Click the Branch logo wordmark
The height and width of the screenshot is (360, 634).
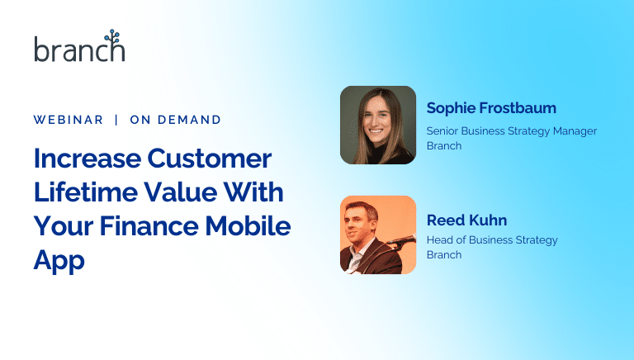tap(79, 50)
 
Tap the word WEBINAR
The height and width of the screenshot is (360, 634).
tap(69, 120)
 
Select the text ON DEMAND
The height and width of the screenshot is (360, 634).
tap(176, 120)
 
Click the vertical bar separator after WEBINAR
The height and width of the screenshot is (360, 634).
tap(116, 120)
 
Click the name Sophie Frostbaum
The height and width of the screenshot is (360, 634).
tap(480, 108)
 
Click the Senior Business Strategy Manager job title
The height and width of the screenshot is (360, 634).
tap(511, 130)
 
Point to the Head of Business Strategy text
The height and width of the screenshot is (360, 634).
tap(492, 240)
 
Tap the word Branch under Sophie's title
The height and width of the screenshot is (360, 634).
tap(443, 145)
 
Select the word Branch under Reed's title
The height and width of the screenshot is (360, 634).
tap(443, 254)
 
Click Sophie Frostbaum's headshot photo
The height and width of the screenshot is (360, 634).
tap(378, 125)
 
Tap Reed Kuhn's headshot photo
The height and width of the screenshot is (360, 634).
tap(378, 234)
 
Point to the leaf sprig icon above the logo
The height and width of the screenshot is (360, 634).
tap(111, 37)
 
